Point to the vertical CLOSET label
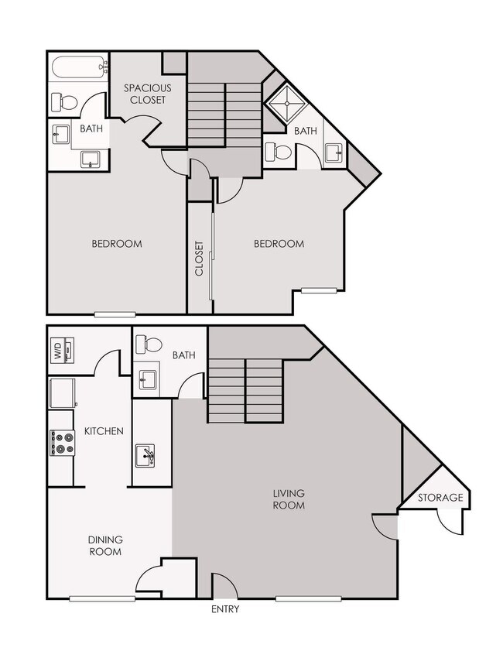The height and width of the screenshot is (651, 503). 200,259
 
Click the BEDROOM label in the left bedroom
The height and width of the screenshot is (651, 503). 117,244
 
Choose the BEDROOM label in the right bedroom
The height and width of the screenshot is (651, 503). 279,244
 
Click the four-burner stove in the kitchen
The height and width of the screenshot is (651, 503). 62,443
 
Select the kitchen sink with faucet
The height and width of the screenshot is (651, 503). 145,456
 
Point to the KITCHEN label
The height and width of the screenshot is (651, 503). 104,430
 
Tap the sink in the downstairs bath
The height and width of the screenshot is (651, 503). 148,380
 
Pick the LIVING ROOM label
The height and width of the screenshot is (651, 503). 289,499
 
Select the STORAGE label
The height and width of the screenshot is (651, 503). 440,498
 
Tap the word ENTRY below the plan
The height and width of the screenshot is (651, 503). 224,609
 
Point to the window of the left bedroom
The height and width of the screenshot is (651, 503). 115,314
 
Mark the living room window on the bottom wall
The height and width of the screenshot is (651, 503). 309,598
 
